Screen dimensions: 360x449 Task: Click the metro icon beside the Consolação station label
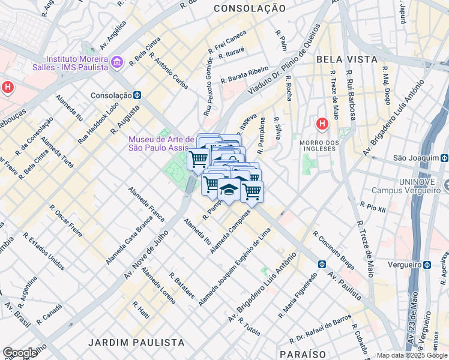(x=137, y=95)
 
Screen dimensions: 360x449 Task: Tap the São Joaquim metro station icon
(x=444, y=158)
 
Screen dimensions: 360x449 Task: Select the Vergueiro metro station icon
(x=426, y=264)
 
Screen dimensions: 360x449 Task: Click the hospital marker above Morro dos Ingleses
(x=322, y=124)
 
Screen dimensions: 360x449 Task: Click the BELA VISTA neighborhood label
(x=346, y=59)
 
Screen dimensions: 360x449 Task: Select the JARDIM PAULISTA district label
(x=136, y=342)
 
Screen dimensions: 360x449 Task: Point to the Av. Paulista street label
(x=345, y=285)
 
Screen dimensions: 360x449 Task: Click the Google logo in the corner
(x=20, y=353)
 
